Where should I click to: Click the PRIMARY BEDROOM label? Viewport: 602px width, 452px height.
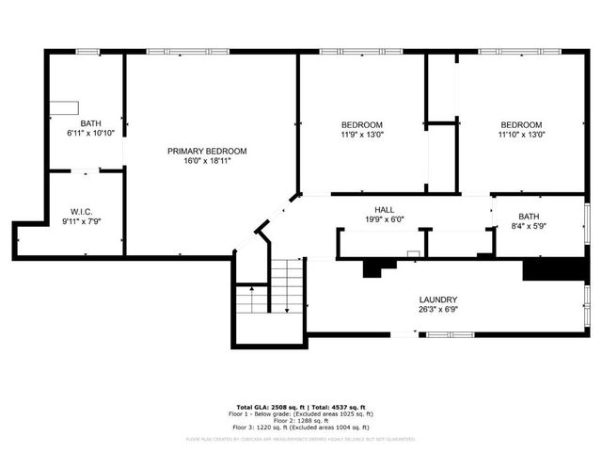[x=207, y=151]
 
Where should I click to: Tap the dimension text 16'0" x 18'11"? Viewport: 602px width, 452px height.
[x=207, y=161]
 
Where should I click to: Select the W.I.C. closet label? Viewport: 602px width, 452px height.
[x=81, y=211]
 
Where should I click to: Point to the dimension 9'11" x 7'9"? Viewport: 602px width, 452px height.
[x=81, y=221]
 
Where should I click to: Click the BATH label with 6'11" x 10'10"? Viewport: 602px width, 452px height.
[x=90, y=123]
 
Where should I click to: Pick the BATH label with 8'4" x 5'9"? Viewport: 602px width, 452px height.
[x=529, y=216]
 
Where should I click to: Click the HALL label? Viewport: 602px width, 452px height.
[x=384, y=210]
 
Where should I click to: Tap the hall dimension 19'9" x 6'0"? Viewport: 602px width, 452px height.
[x=384, y=220]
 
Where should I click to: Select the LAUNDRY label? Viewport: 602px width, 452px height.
[x=438, y=299]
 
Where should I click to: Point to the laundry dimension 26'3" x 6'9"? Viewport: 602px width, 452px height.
[x=438, y=310]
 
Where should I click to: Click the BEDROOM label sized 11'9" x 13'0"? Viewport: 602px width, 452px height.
[x=361, y=125]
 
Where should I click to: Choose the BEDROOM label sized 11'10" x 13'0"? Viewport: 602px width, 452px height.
[x=520, y=125]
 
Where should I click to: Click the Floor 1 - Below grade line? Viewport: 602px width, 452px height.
[x=301, y=413]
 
